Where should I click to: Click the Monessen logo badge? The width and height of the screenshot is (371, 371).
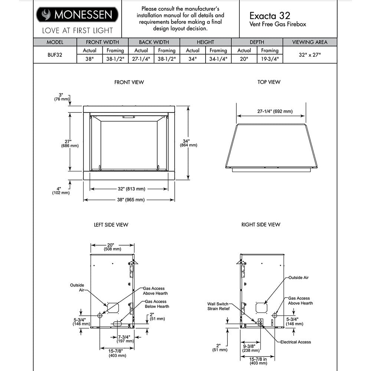click(77, 15)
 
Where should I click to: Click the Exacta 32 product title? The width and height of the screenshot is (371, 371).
click(269, 16)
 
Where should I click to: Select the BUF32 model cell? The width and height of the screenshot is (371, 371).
click(55, 55)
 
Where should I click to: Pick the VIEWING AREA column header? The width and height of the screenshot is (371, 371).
click(310, 42)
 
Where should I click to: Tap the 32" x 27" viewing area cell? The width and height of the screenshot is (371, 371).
click(310, 55)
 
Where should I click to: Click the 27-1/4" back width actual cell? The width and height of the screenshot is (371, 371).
click(141, 59)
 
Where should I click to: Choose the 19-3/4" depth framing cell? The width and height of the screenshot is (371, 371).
click(270, 59)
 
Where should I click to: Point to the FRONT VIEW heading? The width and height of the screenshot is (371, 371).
click(129, 82)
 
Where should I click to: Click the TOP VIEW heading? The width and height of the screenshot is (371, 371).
click(269, 82)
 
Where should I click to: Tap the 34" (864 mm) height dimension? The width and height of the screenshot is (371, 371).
click(186, 143)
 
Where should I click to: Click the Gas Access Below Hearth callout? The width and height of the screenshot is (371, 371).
click(157, 304)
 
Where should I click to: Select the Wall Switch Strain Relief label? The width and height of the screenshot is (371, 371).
click(218, 306)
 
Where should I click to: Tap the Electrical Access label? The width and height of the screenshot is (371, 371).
click(295, 342)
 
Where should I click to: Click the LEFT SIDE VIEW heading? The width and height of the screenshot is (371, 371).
click(111, 225)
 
